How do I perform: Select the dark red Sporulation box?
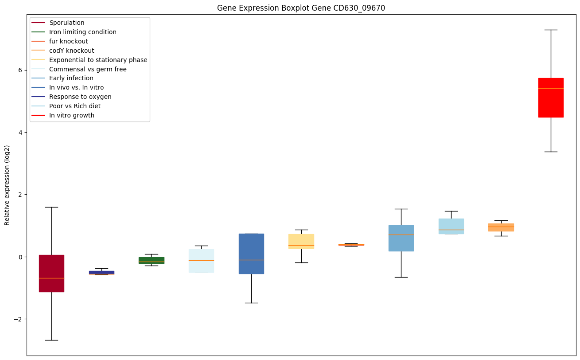click(x=51, y=273)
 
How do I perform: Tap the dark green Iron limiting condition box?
click(x=152, y=260)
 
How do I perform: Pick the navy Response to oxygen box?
click(x=101, y=273)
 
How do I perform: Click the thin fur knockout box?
click(x=351, y=245)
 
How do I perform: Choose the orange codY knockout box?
click(x=501, y=227)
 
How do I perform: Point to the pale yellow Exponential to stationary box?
click(x=301, y=241)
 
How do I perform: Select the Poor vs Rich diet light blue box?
click(x=451, y=226)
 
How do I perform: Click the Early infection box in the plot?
click(x=401, y=238)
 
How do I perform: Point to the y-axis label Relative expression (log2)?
click(x=7, y=185)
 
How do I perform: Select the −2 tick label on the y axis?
click(x=18, y=319)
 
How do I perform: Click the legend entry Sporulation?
click(x=67, y=23)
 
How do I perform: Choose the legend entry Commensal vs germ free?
click(x=88, y=69)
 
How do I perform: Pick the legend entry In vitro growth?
click(x=72, y=116)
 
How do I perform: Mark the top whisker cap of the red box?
click(x=551, y=30)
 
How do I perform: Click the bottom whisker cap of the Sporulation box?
click(x=51, y=340)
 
